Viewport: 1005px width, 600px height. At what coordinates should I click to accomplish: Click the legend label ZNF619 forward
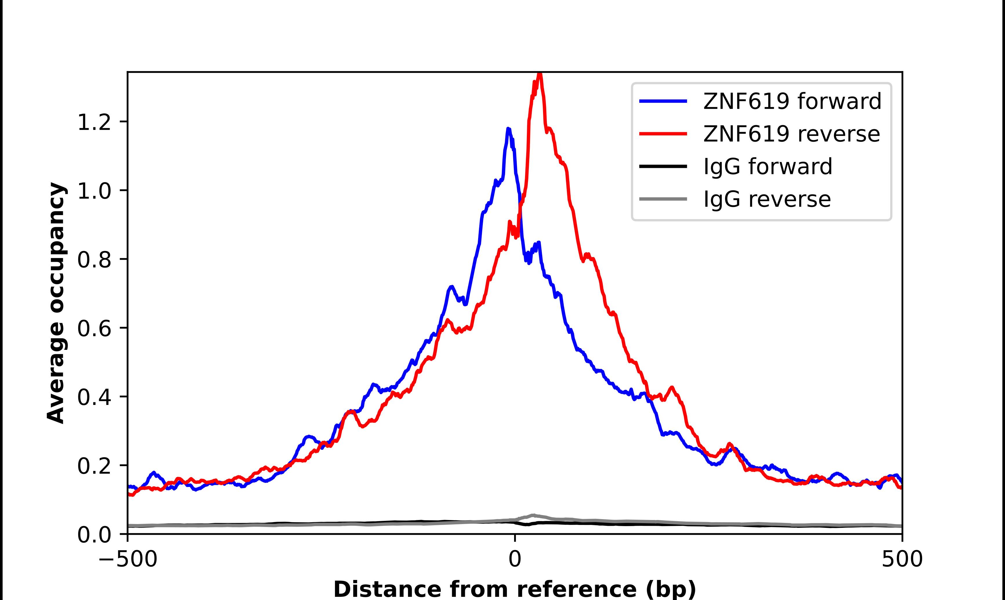(x=792, y=101)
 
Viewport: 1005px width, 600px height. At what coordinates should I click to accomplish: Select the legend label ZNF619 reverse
(x=791, y=134)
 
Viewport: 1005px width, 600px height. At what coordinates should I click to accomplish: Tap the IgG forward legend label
(x=767, y=167)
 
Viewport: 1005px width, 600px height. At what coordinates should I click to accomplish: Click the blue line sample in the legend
(x=663, y=101)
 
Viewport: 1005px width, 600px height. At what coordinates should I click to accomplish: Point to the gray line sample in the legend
(x=663, y=199)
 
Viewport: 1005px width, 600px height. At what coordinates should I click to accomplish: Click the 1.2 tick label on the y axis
(x=94, y=122)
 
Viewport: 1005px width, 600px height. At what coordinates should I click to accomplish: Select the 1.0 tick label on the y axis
(x=94, y=191)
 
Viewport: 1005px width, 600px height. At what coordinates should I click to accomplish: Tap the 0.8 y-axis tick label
(x=94, y=260)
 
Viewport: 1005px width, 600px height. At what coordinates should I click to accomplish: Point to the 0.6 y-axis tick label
(x=94, y=328)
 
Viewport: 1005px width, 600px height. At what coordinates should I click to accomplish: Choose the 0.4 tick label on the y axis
(x=94, y=397)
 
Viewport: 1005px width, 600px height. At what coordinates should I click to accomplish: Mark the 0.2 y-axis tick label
(x=94, y=466)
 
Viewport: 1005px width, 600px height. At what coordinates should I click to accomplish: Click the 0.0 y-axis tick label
(x=94, y=534)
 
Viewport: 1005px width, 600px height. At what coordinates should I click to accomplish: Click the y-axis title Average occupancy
(x=56, y=303)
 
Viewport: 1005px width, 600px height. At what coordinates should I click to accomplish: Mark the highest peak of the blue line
(x=508, y=129)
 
